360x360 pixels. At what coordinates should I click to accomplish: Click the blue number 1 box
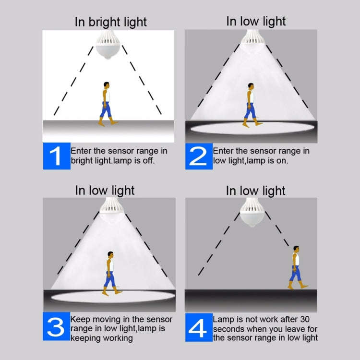(57, 156)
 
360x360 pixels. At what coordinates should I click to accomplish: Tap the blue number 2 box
(199, 156)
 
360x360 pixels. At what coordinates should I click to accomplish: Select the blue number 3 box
(56, 326)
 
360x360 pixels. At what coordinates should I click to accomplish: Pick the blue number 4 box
(199, 327)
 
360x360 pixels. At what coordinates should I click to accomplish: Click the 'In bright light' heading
(111, 22)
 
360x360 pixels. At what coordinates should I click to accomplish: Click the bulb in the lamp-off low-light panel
(252, 212)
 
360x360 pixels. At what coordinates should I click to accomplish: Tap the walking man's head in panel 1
(106, 84)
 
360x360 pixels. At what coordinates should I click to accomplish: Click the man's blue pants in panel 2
(250, 110)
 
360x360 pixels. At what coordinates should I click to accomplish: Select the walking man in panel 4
(297, 267)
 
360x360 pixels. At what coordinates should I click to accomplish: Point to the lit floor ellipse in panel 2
(252, 128)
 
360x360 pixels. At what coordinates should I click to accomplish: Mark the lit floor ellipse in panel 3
(113, 297)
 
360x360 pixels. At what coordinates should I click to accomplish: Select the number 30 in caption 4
(305, 319)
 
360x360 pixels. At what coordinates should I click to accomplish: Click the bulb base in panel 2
(252, 36)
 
